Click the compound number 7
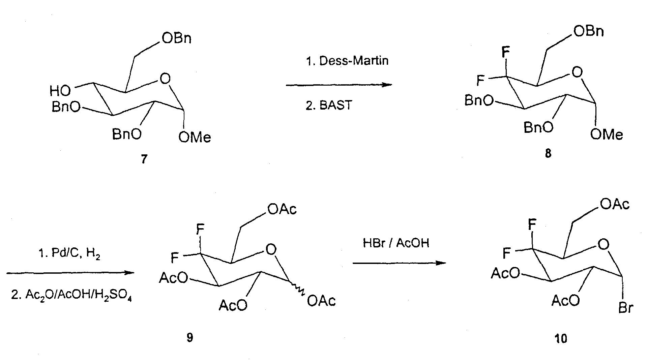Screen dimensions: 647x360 coord(144,159)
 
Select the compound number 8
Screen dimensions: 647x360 coord(548,154)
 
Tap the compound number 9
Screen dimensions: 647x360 coord(190,337)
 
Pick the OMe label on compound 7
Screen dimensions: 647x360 coord(195,137)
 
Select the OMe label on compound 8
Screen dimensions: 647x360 coord(607,134)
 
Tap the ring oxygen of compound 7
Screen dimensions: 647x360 coord(165,79)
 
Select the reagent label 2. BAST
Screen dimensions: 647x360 coord(329,106)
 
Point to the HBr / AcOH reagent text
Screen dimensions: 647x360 coord(396,243)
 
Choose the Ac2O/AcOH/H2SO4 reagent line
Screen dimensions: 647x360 coord(71,296)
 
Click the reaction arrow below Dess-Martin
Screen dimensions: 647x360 coord(339,85)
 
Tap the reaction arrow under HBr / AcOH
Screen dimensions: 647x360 coord(400,263)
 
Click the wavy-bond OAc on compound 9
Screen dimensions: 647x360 coord(321,301)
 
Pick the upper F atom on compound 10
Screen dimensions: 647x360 coord(532,224)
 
